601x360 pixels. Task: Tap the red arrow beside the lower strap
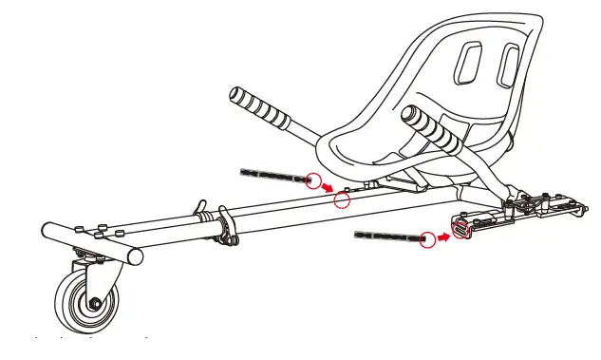[x=443, y=234]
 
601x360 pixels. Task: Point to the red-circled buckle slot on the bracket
[x=462, y=228]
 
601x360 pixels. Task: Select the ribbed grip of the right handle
[x=432, y=133]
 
